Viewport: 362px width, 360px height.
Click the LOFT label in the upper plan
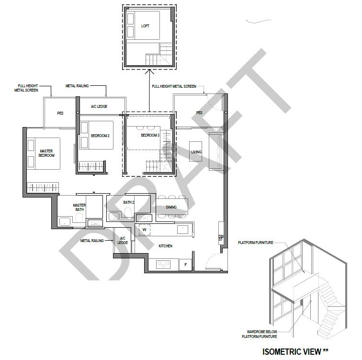point(145,26)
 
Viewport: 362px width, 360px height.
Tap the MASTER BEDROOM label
point(46,153)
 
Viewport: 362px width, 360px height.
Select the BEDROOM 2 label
point(100,136)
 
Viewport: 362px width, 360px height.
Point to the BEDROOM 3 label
point(150,135)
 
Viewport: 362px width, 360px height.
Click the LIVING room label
point(196,152)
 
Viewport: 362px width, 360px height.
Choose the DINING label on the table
point(171,207)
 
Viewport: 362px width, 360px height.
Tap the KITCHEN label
point(165,246)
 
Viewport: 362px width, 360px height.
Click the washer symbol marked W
point(144,230)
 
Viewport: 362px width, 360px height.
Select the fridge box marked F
point(186,265)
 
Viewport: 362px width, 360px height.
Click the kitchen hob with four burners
point(163,265)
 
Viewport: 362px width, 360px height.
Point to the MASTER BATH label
point(79,207)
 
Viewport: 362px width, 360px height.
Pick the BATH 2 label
point(129,202)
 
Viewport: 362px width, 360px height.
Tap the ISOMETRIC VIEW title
point(295,352)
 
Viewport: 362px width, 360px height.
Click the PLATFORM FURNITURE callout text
point(256,243)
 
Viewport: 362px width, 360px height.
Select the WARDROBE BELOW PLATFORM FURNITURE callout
point(260,334)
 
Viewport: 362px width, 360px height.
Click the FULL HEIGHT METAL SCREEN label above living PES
point(174,86)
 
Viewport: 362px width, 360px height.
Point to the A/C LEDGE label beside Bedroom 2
point(99,106)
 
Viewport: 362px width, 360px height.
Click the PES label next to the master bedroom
point(60,113)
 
